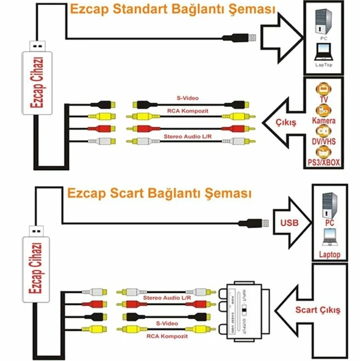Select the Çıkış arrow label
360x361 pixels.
click(x=285, y=122)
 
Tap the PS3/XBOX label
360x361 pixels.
click(x=323, y=163)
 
